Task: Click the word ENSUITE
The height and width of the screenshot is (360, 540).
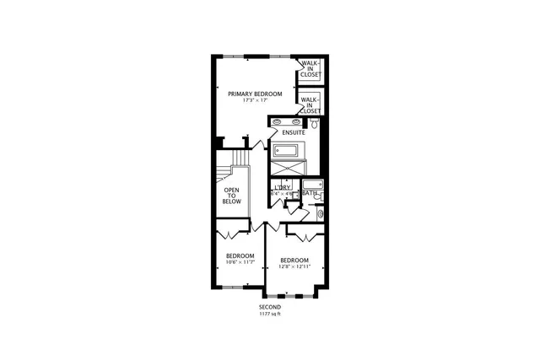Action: [294, 133]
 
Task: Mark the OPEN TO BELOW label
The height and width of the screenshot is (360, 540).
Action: [232, 196]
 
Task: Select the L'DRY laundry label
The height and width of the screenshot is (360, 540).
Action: [282, 187]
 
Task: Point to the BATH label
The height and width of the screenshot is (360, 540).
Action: [310, 194]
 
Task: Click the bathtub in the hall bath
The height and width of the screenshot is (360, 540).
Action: [312, 185]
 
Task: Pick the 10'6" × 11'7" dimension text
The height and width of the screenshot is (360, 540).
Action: [240, 262]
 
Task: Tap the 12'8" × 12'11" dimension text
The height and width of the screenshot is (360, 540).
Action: [294, 266]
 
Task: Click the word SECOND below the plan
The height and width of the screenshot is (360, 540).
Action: [270, 307]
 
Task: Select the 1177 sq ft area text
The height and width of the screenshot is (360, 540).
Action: [270, 314]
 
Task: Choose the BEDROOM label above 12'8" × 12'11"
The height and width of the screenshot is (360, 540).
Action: [294, 260]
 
